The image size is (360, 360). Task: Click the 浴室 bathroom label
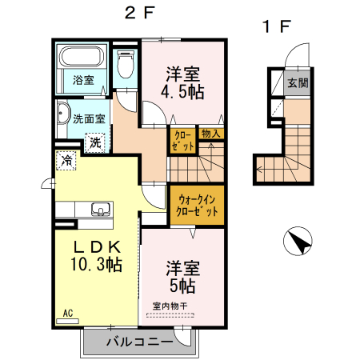[83, 80]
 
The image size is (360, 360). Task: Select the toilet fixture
[125, 64]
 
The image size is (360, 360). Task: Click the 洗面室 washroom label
[89, 118]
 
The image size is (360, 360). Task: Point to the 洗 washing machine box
[95, 143]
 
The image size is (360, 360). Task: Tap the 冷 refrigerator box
[66, 162]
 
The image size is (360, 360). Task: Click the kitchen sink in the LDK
[100, 210]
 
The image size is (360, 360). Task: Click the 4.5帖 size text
[182, 92]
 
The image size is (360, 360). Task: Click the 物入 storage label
[210, 134]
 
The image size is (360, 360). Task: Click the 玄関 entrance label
[298, 82]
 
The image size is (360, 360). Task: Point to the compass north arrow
[298, 242]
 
